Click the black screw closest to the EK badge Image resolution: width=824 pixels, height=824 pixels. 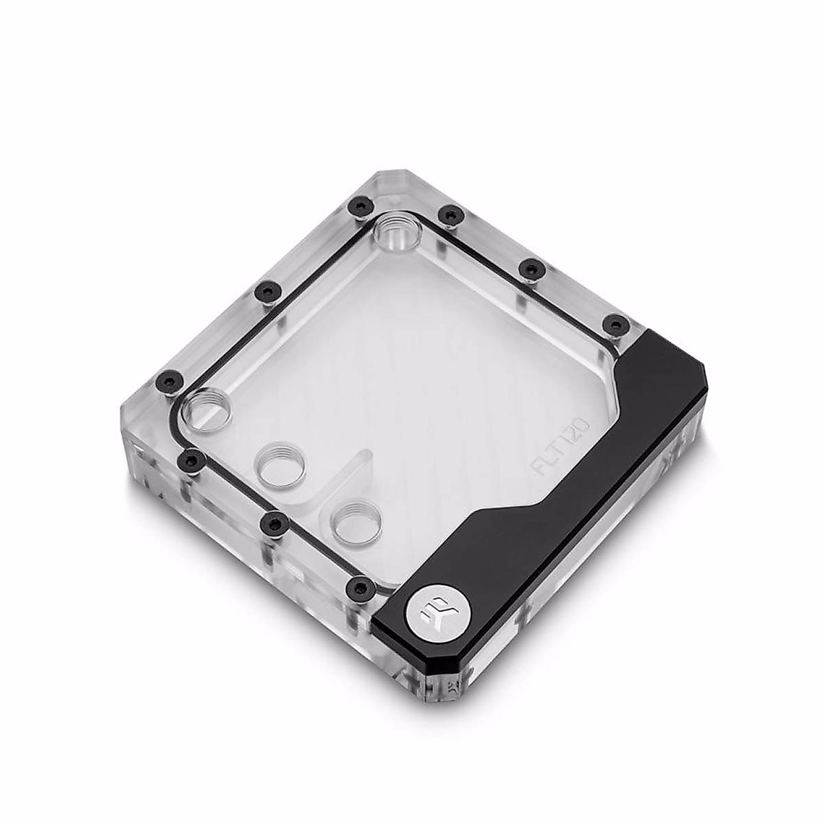358,587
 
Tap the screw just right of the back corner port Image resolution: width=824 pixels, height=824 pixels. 450,214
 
